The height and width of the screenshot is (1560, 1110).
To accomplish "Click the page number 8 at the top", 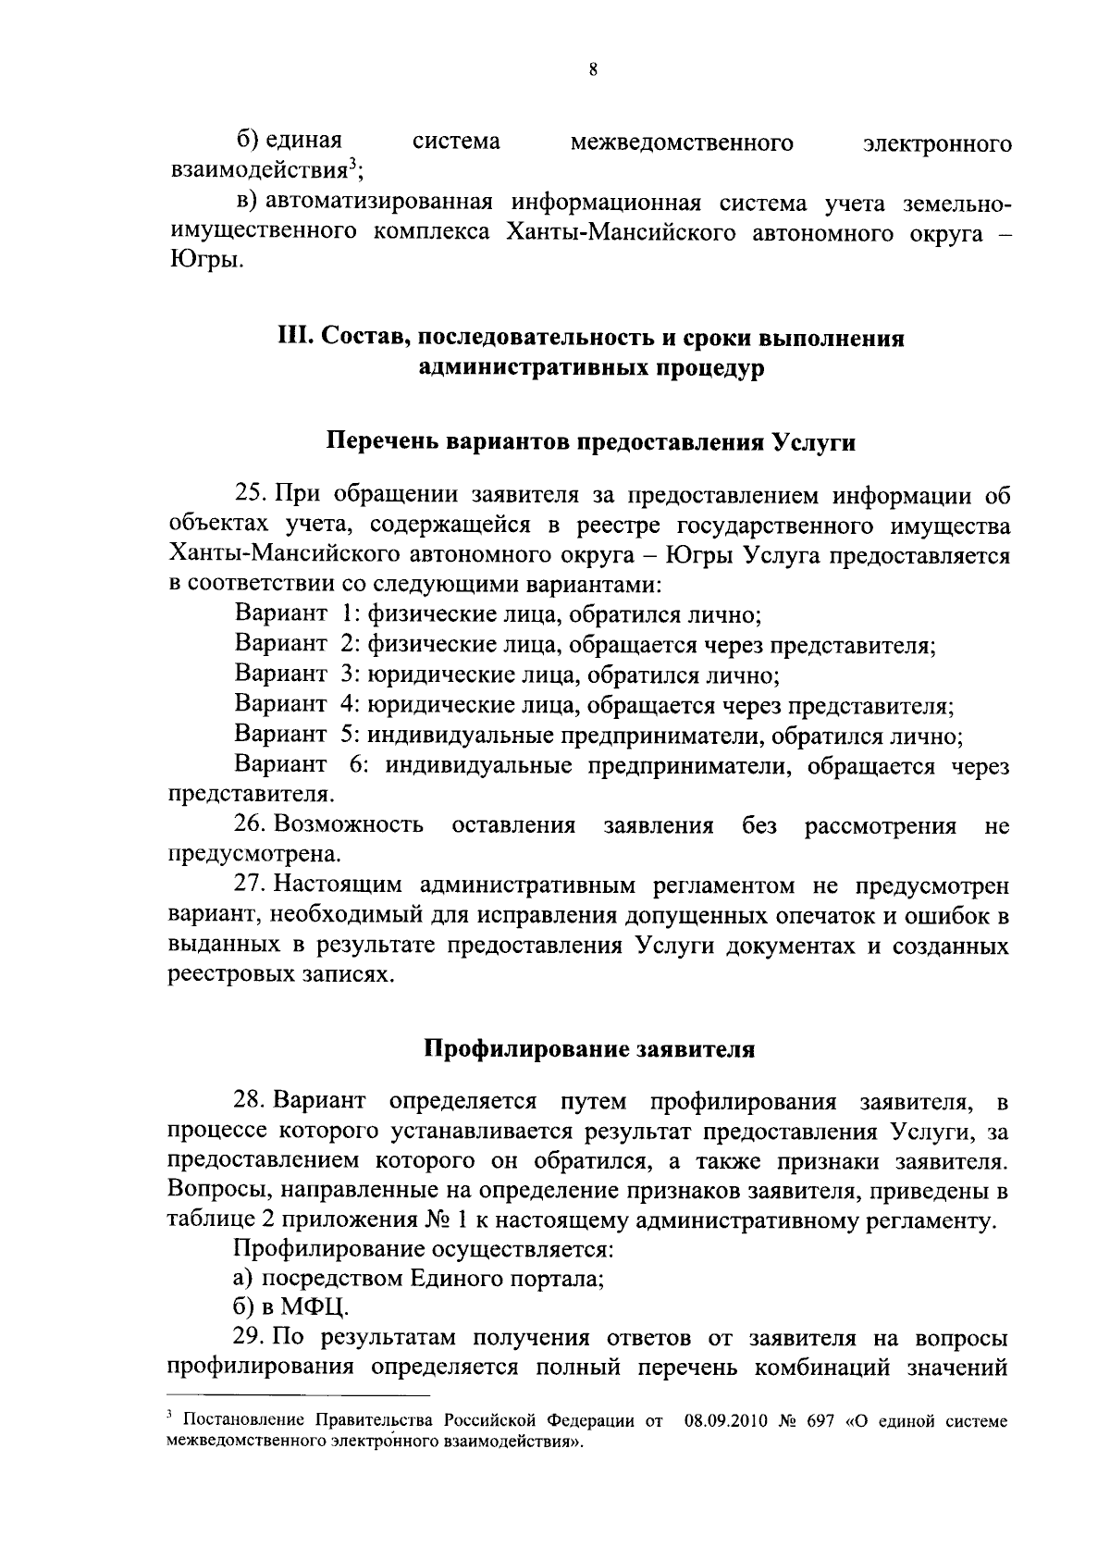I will point(592,69).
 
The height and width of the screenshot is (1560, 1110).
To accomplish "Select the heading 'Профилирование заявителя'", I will point(589,1050).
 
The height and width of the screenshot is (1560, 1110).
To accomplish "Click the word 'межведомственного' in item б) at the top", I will point(682,142).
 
